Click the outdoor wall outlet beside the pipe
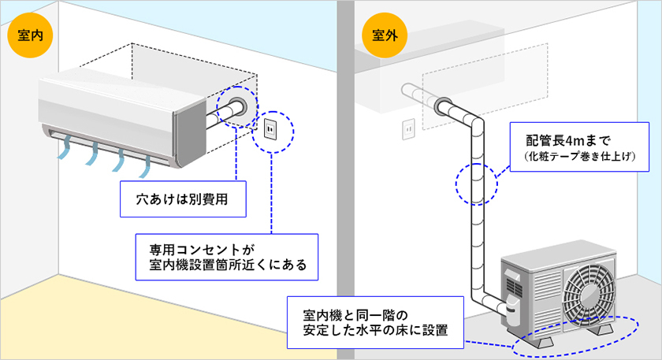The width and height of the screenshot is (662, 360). coord(409,128)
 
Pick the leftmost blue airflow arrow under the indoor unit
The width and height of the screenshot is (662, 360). coord(65,147)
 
